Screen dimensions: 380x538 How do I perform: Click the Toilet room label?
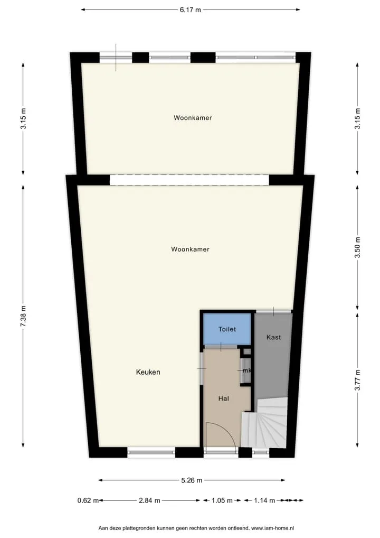[227, 329]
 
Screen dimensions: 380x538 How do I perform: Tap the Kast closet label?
[273, 337]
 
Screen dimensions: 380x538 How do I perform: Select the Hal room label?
[223, 398]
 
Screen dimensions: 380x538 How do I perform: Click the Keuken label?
[148, 372]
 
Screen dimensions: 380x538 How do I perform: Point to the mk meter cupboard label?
[247, 370]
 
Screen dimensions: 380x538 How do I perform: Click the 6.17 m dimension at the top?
[191, 10]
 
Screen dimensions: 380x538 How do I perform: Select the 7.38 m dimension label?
[23, 316]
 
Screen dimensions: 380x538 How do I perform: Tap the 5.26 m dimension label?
[192, 480]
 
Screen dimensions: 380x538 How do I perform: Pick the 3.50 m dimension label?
[357, 247]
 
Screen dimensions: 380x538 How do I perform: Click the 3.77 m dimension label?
[357, 380]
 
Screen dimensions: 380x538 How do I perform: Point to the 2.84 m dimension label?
[149, 500]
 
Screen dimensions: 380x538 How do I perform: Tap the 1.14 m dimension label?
[264, 500]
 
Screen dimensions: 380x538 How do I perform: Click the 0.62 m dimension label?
[88, 500]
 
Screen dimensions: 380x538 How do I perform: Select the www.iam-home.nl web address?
[273, 528]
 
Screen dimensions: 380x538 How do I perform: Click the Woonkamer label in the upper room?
[193, 118]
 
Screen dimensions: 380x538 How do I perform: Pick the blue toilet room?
[227, 329]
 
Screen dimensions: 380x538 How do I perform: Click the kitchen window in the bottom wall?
[151, 452]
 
